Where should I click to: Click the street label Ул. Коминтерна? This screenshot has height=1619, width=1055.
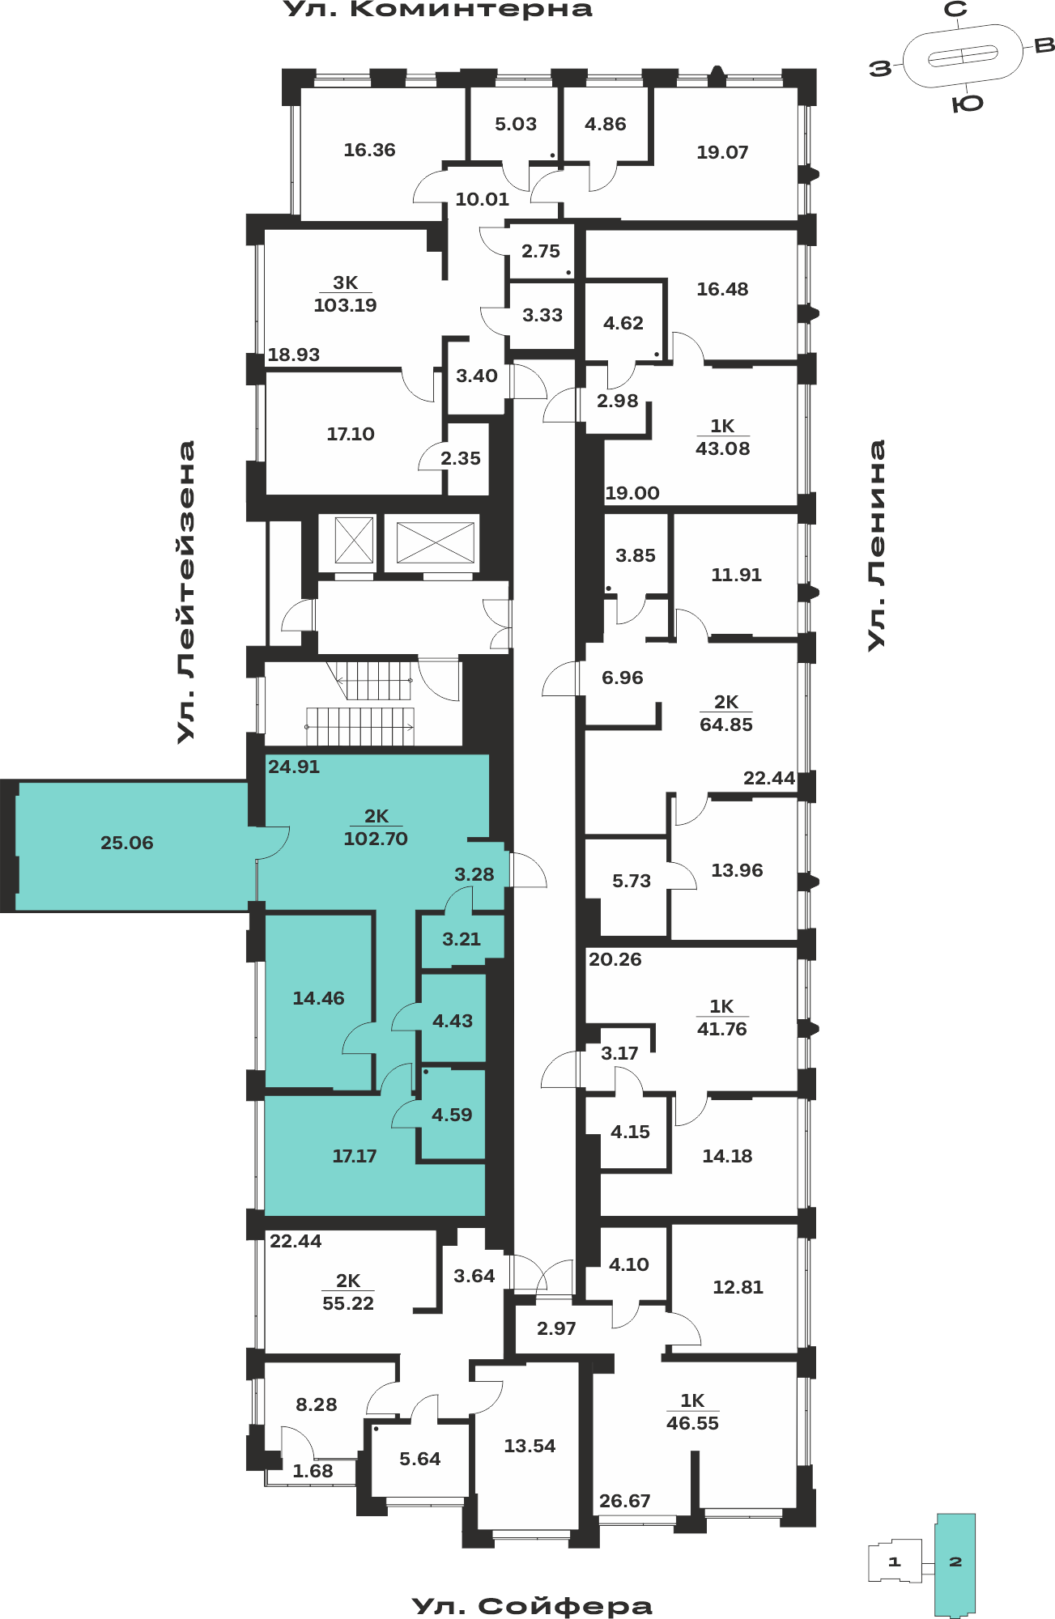coord(438,10)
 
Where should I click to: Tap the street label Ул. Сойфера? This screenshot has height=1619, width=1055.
coord(532,1606)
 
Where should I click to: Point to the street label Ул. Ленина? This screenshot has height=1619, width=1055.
coord(876,545)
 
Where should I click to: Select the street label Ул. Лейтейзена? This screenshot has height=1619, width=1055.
coord(186,592)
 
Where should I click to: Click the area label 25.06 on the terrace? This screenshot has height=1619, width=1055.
coord(127,843)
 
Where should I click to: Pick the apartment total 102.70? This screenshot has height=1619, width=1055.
coord(376,839)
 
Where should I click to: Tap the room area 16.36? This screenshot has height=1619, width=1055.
coord(369,150)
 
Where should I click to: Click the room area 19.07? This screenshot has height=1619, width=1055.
coord(722,152)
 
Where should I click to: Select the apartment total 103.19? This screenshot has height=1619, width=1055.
coord(345,305)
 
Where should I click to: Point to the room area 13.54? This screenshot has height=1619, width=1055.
coord(530,1446)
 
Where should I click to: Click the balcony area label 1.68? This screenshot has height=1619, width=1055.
coord(313,1471)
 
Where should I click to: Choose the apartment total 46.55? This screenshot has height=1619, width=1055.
coord(692,1423)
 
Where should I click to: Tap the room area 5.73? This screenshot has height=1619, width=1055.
coord(632,881)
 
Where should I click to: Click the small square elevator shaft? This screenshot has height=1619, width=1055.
coord(354,541)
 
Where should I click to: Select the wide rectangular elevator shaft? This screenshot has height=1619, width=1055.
coord(435,542)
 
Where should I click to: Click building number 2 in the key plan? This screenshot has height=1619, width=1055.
coord(955,1562)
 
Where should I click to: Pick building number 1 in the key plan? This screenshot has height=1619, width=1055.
coord(894,1562)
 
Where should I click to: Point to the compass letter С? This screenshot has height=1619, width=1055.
coord(956,10)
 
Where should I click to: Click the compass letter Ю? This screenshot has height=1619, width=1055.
coord(967,104)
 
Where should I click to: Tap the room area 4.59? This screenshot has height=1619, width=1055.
coord(452,1115)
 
